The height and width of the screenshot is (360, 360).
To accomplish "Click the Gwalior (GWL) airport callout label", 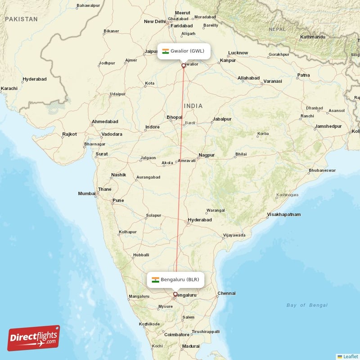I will [x=184, y=51].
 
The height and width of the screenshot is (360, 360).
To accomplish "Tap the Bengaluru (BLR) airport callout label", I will [x=175, y=279].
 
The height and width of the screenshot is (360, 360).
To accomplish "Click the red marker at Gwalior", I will [x=183, y=66].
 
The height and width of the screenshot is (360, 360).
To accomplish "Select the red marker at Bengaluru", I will [x=175, y=294].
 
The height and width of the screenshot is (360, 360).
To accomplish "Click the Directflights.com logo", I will [x=34, y=338].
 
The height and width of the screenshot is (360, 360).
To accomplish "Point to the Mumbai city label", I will [x=87, y=193].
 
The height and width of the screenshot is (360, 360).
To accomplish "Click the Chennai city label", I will [x=226, y=293].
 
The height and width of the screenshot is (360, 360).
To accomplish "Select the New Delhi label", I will [x=155, y=22].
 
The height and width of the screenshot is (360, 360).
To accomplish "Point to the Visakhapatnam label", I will [x=283, y=215].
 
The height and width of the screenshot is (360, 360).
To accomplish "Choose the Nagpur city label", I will [x=207, y=155].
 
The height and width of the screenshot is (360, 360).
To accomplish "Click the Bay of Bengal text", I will [x=307, y=305].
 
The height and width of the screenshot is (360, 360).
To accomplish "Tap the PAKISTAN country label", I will [x=21, y=19].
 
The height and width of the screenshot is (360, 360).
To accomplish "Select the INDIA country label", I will [x=193, y=106].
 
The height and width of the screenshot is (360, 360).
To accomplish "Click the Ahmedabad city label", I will [x=105, y=121].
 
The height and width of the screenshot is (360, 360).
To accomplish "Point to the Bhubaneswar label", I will [x=322, y=171].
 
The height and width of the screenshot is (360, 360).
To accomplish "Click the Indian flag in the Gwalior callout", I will [x=166, y=51].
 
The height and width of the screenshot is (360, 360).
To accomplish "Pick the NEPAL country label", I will [x=277, y=29].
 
